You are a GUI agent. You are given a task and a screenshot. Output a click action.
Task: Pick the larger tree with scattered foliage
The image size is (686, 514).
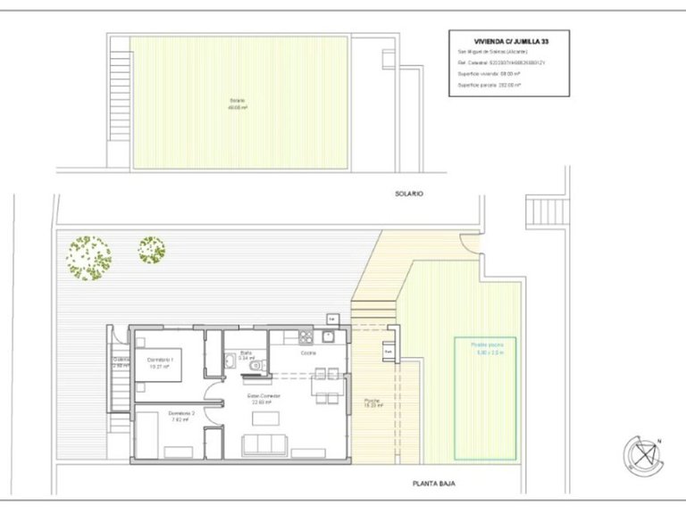pyautogui.click(x=89, y=257)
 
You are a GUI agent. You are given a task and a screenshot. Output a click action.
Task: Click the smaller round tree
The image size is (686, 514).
pyautogui.click(x=152, y=249)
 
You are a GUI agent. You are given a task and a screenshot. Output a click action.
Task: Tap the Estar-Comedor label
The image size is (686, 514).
pyautogui.click(x=264, y=396)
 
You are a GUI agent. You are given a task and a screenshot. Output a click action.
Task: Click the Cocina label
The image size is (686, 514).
pyautogui.click(x=308, y=353)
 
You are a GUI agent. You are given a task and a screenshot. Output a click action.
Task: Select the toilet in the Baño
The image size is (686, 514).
pyautogui.click(x=255, y=366)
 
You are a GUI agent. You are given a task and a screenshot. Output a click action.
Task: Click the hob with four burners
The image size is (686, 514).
pyautogui.click(x=307, y=337)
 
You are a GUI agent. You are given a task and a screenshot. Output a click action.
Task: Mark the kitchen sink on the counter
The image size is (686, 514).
pyautogui.click(x=329, y=336)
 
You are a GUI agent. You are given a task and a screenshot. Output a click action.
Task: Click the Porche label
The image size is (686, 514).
pyautogui.click(x=372, y=401)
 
